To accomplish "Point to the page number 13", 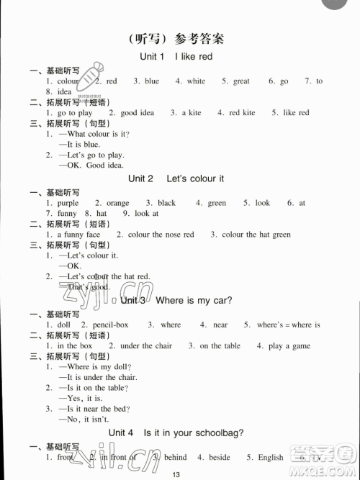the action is coord(176,473).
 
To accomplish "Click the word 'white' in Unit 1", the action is coord(196,81).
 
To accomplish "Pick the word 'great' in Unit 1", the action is coord(241,81).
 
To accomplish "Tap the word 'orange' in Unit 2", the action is coord(117,203).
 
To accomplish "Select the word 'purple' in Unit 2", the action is coord(69,203).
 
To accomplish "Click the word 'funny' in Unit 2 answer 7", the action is coord(66,214).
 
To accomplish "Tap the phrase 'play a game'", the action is coord(290,345).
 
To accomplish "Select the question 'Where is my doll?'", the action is coord(89,367).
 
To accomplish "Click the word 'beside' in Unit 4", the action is coord(219,457).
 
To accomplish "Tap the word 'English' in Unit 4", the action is coord(270,457).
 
